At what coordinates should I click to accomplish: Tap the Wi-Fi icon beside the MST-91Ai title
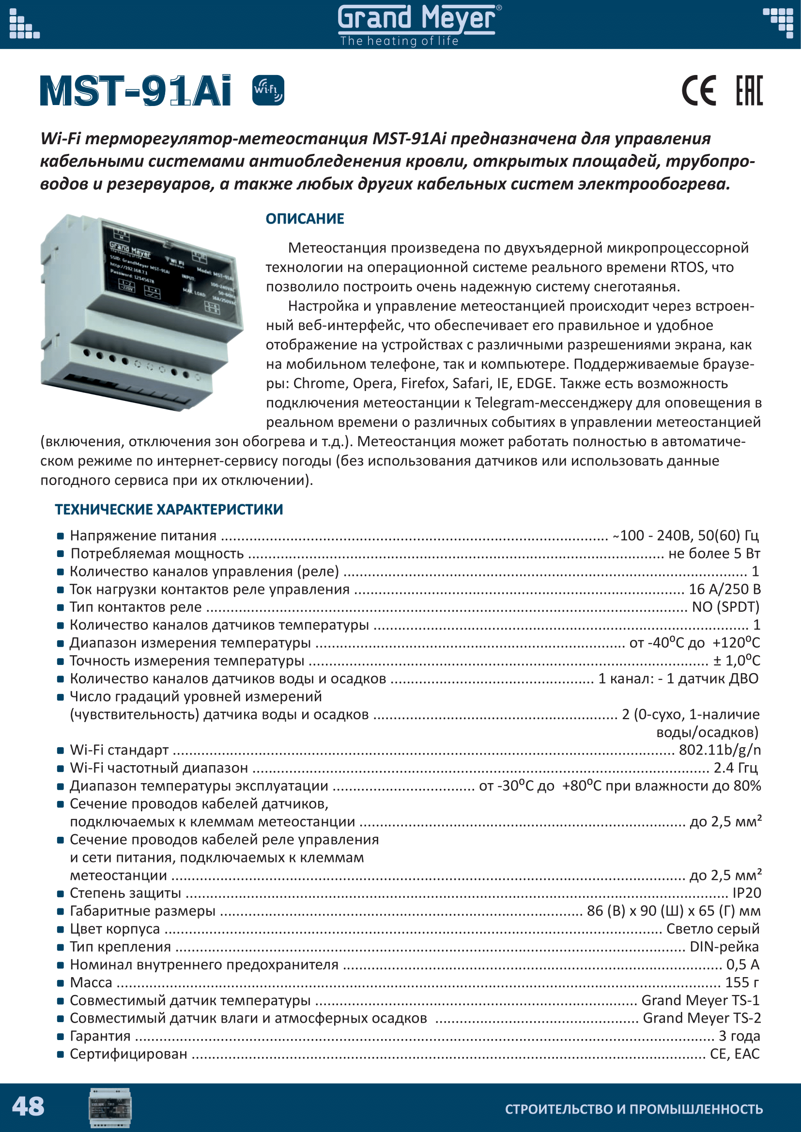pos(268,90)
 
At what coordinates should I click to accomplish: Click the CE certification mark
pos(698,91)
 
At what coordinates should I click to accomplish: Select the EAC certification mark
pos(749,91)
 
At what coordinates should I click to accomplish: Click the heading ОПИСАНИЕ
pos(305,218)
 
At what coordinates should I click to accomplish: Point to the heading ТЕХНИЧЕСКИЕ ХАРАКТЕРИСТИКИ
pos(169,509)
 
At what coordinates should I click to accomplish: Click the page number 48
pos(28,1106)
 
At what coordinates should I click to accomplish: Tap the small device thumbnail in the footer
pos(110,1107)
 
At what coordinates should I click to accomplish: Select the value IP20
pos(746,893)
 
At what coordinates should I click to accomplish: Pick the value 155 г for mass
pos(742,982)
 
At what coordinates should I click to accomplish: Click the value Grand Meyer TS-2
pos(701,1018)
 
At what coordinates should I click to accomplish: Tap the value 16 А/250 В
pos(724,589)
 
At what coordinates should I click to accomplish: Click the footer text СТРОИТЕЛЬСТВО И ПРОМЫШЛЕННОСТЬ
pos(634,1109)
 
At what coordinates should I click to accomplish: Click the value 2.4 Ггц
pos(736,768)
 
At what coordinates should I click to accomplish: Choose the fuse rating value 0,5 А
pos(742,965)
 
